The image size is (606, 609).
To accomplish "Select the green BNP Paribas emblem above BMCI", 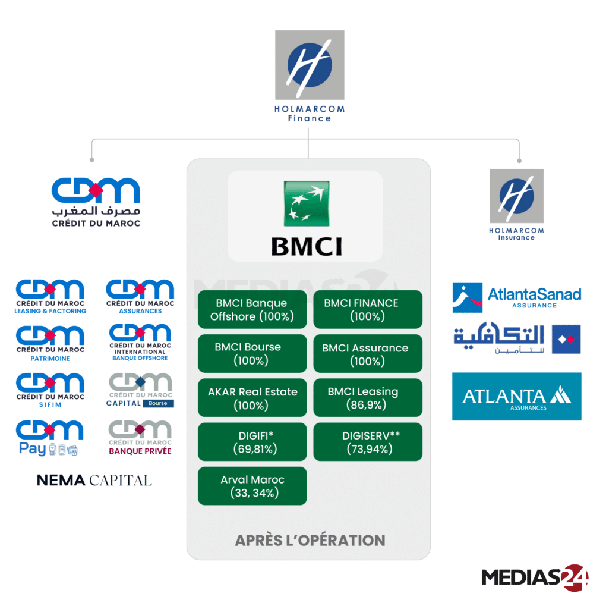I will pyautogui.click(x=307, y=203).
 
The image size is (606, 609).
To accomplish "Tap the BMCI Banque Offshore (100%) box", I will pyautogui.click(x=252, y=309).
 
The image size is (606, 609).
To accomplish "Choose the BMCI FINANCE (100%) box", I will pyautogui.click(x=368, y=309).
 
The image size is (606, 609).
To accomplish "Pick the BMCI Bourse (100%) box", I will pyautogui.click(x=252, y=353).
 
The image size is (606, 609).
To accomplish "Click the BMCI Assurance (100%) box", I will pyautogui.click(x=368, y=353).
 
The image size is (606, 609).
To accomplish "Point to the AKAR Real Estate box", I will pyautogui.click(x=252, y=398).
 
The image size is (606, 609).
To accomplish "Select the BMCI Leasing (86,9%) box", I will pyautogui.click(x=368, y=398).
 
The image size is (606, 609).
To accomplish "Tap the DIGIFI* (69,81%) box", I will pyautogui.click(x=252, y=442).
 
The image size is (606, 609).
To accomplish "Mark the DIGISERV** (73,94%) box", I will pyautogui.click(x=368, y=442).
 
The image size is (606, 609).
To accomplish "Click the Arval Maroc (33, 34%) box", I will pyautogui.click(x=252, y=486).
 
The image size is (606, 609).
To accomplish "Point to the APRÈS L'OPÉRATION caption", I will pyautogui.click(x=310, y=540).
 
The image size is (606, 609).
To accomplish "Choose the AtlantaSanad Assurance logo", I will pyautogui.click(x=516, y=297).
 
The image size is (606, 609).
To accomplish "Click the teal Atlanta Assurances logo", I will pyautogui.click(x=516, y=397).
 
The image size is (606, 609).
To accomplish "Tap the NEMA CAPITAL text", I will pyautogui.click(x=94, y=480).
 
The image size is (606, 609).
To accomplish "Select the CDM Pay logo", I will pyautogui.click(x=50, y=438).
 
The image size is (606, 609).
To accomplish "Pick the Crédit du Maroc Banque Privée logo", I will pyautogui.click(x=140, y=438).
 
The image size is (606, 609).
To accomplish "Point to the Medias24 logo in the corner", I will pyautogui.click(x=535, y=576).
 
